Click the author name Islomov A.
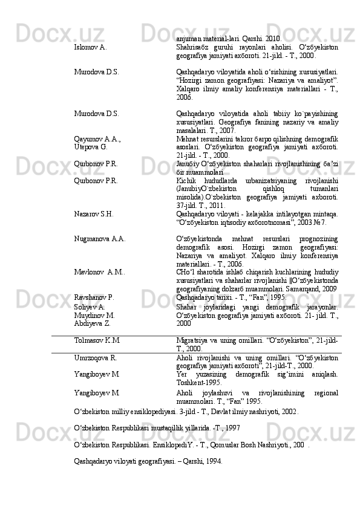coord(90,46)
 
